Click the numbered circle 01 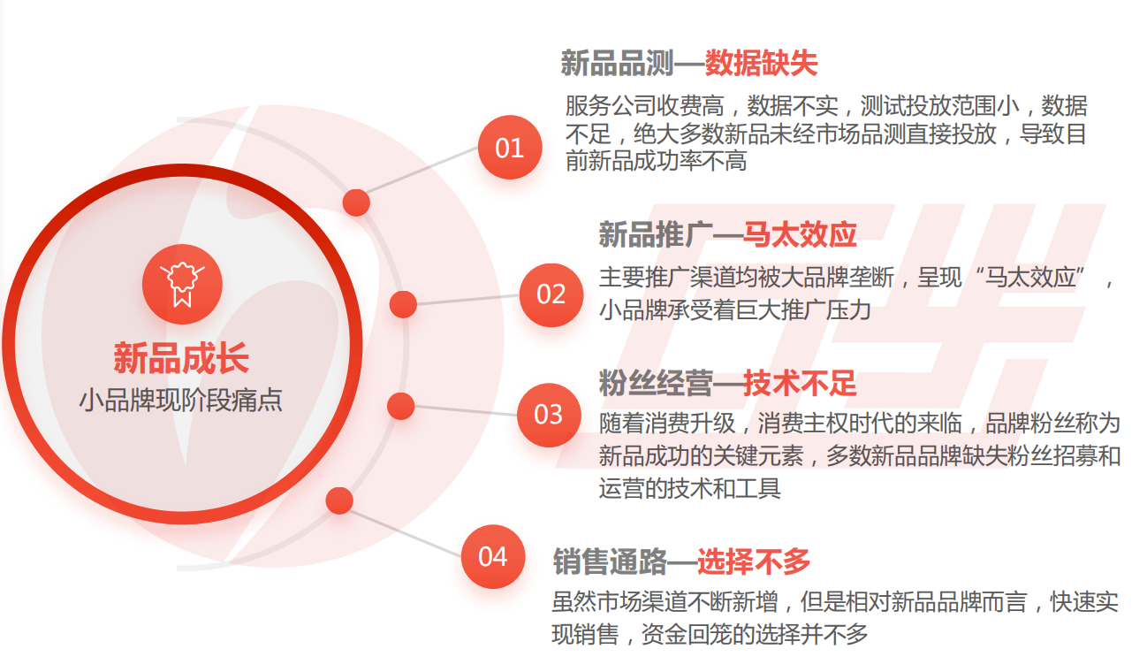510,148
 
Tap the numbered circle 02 551,295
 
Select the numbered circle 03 549,415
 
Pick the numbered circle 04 493,557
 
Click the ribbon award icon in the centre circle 182,284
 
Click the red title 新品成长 181,358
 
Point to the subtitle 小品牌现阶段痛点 181,400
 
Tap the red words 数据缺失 761,63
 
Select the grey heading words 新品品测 617,63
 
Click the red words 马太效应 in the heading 800,234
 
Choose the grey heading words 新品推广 656,234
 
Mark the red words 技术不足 800,383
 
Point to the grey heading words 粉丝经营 656,383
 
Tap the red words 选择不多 754,561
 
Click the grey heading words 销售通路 610,561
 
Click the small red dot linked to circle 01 356,202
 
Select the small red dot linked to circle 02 403,304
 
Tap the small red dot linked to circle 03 401,406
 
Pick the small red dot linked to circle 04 339,500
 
